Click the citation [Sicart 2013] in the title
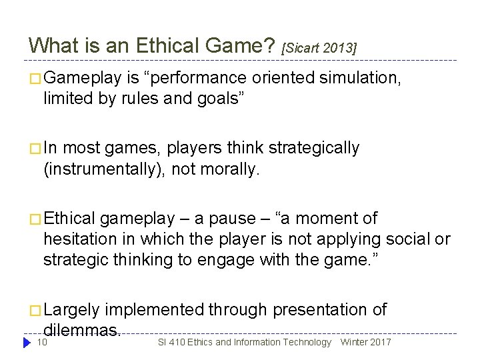320,48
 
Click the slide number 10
41,342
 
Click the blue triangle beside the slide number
27,342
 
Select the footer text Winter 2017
366,342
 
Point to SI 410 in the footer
171,342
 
